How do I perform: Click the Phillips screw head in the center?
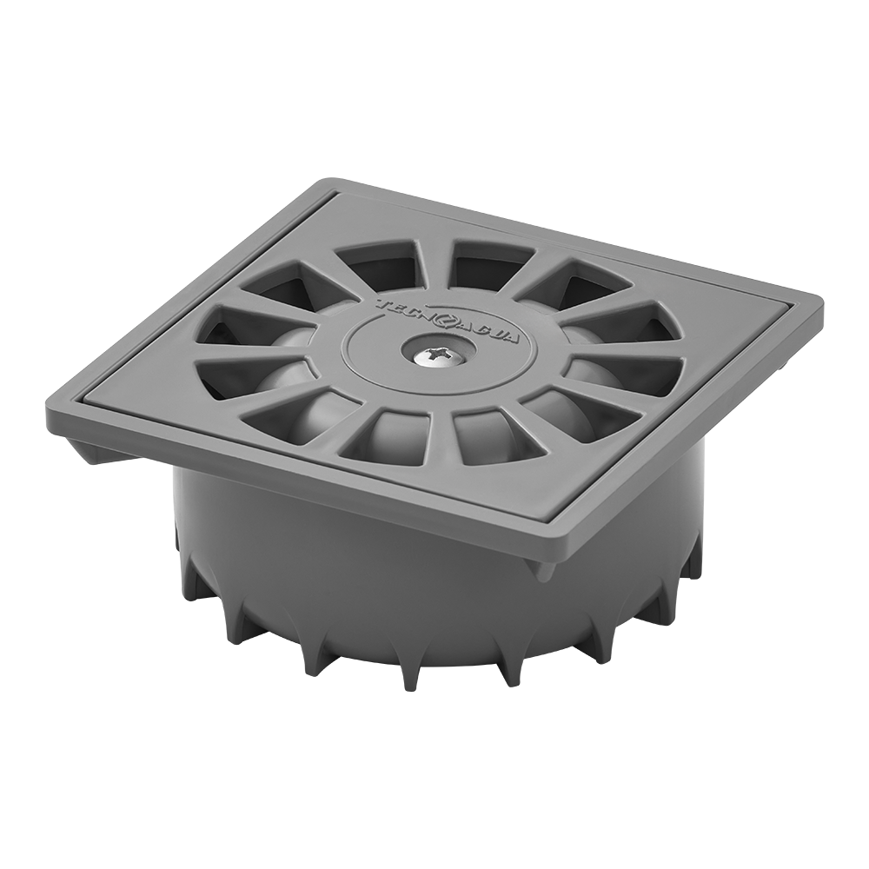pos(437,354)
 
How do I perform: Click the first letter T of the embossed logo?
pos(381,304)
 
